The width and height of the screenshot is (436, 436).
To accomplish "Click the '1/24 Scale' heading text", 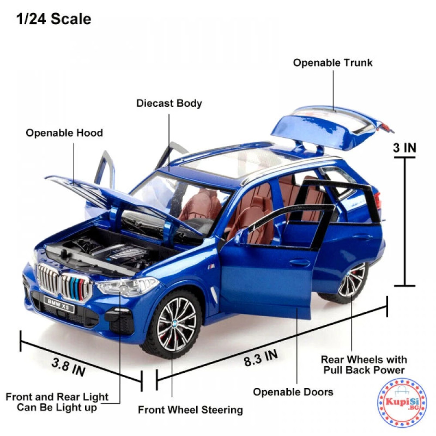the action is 53,19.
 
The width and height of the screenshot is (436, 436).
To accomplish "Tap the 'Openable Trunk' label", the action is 332,63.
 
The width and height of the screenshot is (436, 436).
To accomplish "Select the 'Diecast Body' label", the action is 169,104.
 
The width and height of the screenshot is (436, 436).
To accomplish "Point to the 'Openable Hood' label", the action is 64,133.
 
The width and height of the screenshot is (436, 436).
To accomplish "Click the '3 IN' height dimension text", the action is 404,148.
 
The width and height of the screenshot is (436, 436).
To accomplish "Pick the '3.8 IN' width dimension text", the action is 69,367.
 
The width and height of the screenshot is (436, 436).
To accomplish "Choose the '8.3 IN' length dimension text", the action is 261,358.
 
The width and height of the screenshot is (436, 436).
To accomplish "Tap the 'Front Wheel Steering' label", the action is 190,410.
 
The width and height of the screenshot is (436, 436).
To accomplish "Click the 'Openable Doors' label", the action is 293,392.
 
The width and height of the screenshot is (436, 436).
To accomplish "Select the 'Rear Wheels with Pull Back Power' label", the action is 364,365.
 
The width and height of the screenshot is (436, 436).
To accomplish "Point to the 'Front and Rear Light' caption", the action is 57,397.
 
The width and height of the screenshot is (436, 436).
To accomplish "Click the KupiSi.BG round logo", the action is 402,403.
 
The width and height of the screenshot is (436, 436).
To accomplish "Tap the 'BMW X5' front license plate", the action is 59,305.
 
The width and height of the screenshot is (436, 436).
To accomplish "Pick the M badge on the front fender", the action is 211,267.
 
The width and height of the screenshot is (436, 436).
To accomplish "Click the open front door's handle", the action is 299,263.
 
